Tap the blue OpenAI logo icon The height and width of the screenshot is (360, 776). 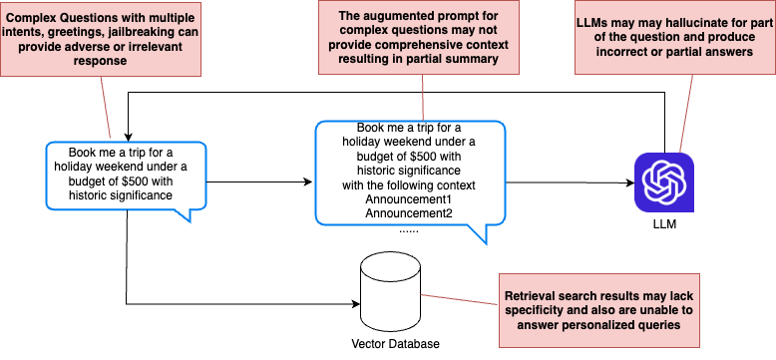coord(663,182)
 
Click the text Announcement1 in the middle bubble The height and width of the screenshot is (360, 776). coord(409,199)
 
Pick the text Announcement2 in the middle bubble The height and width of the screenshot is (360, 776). coord(409,213)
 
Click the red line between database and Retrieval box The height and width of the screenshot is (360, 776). coord(460,298)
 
